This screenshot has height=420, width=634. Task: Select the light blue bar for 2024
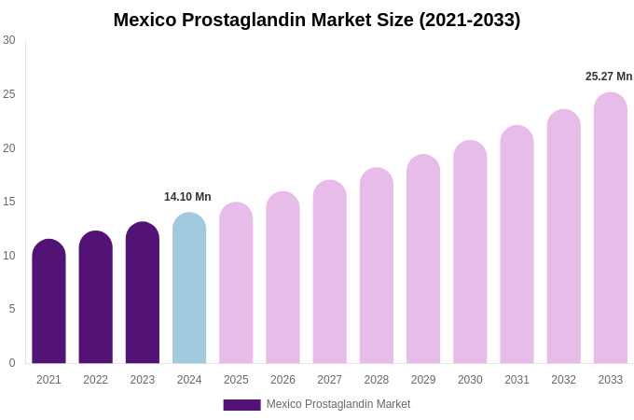(189, 288)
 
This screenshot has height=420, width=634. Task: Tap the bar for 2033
(611, 228)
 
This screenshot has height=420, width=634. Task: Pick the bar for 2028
(377, 266)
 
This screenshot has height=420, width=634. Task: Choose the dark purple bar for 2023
(143, 293)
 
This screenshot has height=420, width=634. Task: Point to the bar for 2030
(470, 252)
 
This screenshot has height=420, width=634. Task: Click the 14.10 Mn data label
(187, 197)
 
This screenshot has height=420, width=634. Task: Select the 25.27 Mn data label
(609, 77)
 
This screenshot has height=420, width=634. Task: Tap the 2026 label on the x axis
(283, 380)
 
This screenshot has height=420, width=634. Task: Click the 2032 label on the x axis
(563, 380)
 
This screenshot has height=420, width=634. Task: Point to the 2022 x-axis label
(95, 380)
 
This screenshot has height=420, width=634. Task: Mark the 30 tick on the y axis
(9, 40)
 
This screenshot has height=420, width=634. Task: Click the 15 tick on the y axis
(9, 202)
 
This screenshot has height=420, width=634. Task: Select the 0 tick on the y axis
(12, 363)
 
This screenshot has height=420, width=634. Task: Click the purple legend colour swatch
(241, 405)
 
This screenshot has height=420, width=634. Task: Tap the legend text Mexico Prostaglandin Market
(338, 404)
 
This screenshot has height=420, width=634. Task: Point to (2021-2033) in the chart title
(469, 20)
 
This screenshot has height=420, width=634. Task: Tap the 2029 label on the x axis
(423, 380)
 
